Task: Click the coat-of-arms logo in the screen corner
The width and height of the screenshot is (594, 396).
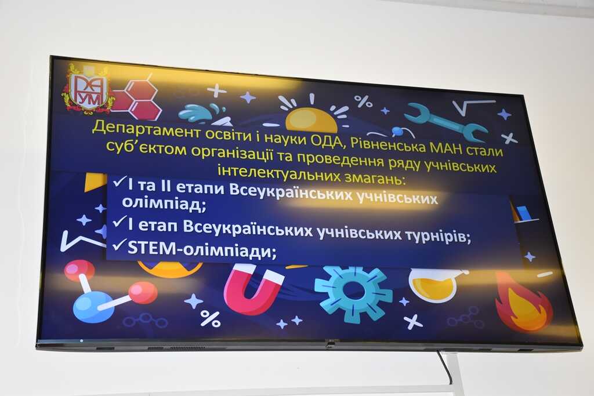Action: (88, 89)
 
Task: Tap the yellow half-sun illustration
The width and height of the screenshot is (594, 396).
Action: (311, 119)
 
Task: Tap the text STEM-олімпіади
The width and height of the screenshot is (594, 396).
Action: (202, 249)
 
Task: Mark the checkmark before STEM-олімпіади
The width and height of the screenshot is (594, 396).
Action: (119, 246)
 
